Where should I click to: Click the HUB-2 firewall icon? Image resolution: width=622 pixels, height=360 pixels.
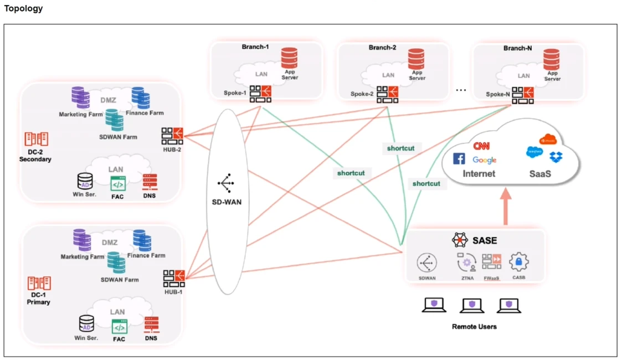coord(172,136)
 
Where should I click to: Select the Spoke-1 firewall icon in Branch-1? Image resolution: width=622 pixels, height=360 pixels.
coord(260,94)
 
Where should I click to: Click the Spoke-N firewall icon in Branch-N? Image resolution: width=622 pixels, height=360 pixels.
coord(523,95)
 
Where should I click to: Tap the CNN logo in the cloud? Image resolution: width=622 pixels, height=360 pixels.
coord(482,146)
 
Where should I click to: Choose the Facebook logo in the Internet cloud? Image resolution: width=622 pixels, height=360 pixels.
coord(459,159)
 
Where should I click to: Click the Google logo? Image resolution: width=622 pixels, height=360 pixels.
coord(485,160)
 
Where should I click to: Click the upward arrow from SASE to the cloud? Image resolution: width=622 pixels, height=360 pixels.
coord(506,208)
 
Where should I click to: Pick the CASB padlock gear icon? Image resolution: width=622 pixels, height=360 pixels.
coord(519,261)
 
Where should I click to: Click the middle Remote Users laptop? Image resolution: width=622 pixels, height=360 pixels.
coord(471,305)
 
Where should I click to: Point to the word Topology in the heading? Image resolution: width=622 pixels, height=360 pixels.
coord(23,9)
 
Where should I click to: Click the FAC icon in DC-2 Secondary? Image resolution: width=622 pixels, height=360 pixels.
coord(118,183)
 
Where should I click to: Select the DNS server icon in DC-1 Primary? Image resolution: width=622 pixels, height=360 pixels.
coord(151,325)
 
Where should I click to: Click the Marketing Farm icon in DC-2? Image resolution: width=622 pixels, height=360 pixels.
coord(81,99)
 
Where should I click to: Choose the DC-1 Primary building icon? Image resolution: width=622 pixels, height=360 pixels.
coord(39,284)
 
